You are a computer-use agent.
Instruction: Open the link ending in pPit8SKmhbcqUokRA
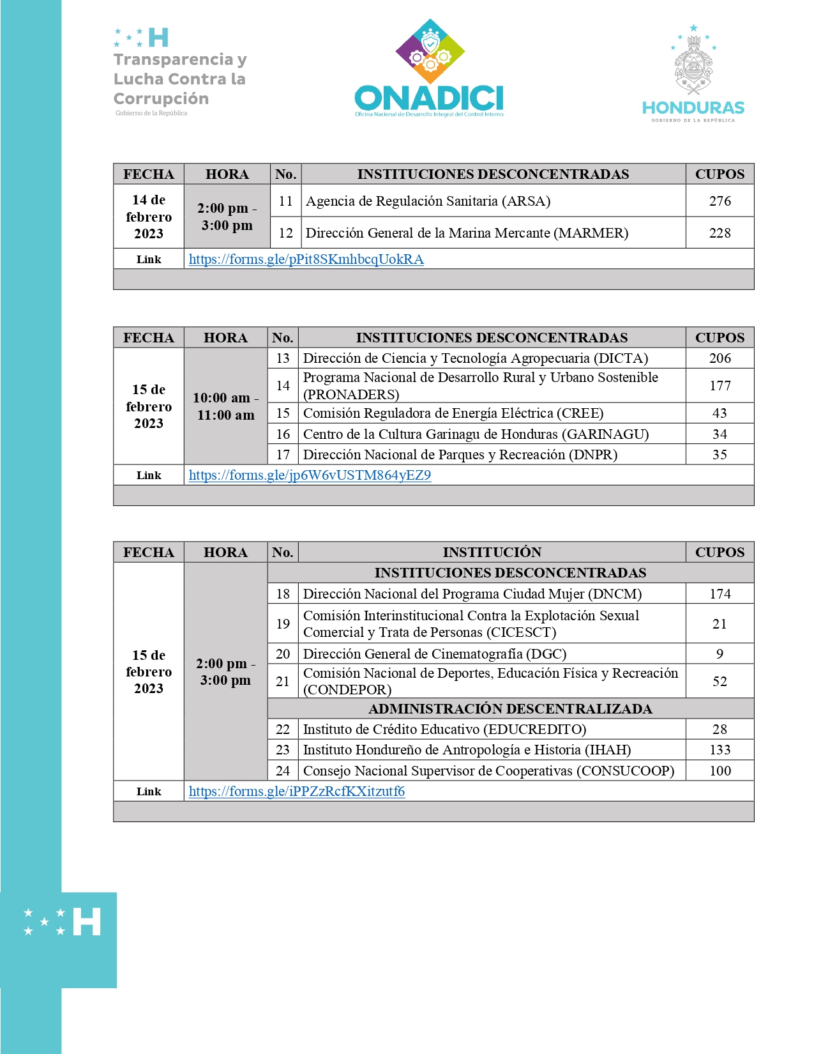tap(306, 259)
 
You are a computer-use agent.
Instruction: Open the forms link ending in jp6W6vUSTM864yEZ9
tap(310, 475)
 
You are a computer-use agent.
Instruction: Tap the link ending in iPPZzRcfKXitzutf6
tap(296, 791)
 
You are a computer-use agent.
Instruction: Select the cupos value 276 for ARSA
tap(720, 201)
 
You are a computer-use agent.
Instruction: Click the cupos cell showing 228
tap(720, 233)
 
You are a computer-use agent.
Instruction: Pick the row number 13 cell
tap(283, 358)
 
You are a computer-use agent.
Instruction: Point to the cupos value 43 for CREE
tap(720, 413)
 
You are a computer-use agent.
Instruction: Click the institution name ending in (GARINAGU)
tap(476, 434)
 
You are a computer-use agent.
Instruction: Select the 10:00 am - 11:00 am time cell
tap(225, 406)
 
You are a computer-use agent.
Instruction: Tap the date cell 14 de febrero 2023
tap(149, 217)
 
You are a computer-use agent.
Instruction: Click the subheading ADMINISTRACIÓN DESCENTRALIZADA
tap(510, 708)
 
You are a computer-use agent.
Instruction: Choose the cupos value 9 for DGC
tap(720, 654)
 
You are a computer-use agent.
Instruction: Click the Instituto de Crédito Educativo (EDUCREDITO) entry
tap(444, 729)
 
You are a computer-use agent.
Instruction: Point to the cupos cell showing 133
tap(720, 750)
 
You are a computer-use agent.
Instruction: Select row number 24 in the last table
tap(283, 771)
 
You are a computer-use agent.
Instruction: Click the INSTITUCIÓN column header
tap(492, 553)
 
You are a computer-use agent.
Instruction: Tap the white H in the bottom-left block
tap(87, 922)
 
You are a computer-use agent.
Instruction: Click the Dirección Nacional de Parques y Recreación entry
tap(460, 455)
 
